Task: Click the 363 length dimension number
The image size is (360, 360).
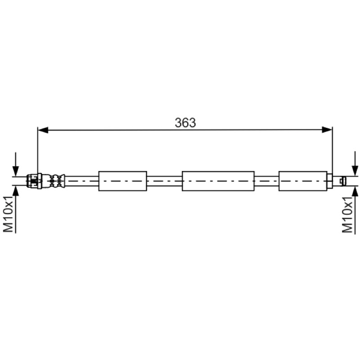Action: pos(185,122)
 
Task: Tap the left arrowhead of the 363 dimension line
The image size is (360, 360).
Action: pos(43,130)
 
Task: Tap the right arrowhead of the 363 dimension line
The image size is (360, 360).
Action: pos(327,130)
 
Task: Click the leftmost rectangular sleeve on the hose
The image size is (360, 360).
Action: pos(122,181)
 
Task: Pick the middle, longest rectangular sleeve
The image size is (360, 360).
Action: pos(218,181)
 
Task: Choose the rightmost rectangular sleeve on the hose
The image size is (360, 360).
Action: pos(303,181)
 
